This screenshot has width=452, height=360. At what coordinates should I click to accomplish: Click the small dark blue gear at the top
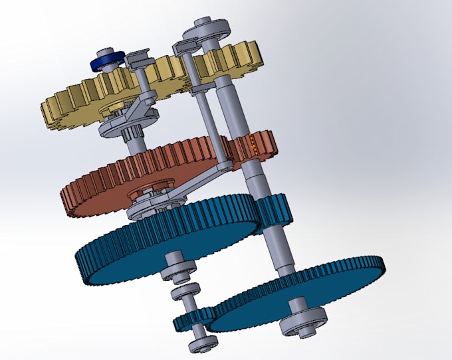tap(107, 60)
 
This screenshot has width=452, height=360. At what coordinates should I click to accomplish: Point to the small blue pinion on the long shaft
tap(274, 209)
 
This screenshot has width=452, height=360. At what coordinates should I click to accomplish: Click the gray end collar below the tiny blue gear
tap(202, 342)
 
